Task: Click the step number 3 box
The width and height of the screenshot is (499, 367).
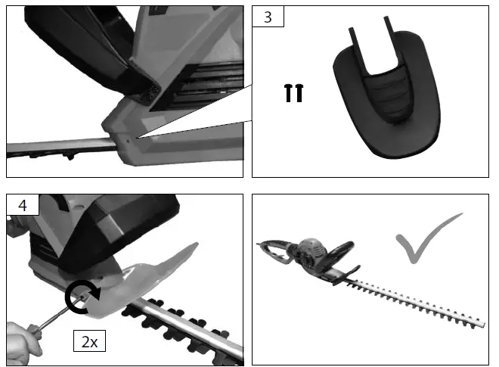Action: point(268,17)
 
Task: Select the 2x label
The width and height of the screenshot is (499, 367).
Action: point(90,341)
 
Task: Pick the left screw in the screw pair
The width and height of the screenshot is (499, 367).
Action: point(288,93)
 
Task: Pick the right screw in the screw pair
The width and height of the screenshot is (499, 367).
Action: point(299,93)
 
